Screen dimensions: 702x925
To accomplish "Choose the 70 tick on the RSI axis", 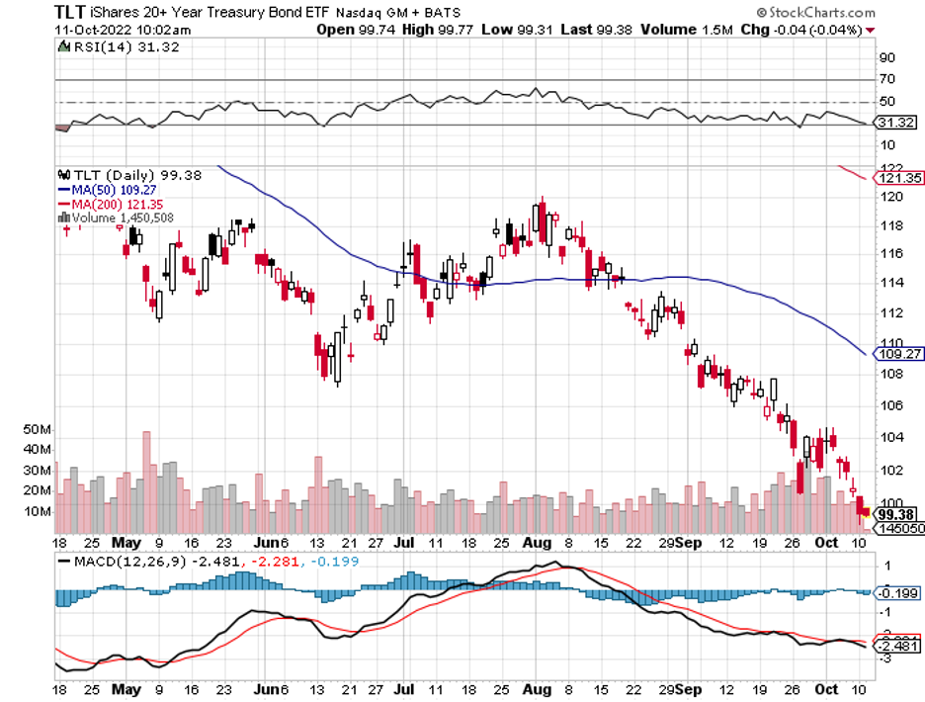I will coord(886,79).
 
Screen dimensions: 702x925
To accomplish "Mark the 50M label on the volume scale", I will coord(38,430).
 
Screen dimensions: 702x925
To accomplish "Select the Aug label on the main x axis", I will coord(536,543).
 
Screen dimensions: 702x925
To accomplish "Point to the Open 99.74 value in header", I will coord(350,30).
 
